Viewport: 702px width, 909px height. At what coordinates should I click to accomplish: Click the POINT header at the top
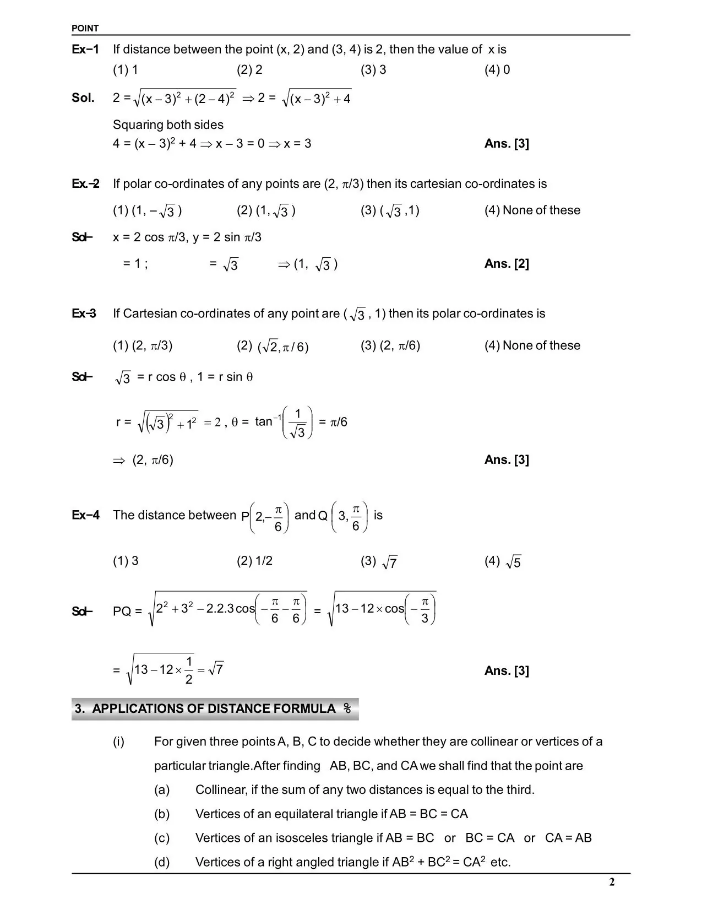pos(85,28)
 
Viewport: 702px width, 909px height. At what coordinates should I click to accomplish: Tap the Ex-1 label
pos(85,50)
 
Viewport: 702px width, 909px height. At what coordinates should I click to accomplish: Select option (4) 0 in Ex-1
pos(497,70)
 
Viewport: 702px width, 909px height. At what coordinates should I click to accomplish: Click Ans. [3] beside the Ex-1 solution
pos(507,144)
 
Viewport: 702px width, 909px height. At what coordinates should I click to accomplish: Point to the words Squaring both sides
pos(168,125)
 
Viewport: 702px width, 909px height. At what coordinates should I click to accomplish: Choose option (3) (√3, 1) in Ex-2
pos(390,211)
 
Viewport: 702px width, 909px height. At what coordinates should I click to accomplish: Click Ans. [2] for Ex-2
pos(507,264)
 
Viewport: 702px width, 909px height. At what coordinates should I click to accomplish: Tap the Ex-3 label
pos(84,313)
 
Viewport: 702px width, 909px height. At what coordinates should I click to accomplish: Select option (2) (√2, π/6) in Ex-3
pos(273,347)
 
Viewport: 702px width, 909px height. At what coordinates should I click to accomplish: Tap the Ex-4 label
pos(85,516)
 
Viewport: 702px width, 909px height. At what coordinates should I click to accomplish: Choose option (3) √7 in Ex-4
pos(379,562)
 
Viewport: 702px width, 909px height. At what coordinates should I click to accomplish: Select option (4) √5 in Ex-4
pos(503,562)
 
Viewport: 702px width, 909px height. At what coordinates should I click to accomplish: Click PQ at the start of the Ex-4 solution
pos(122,612)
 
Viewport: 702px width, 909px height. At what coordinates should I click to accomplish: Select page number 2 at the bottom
pos(612,883)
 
